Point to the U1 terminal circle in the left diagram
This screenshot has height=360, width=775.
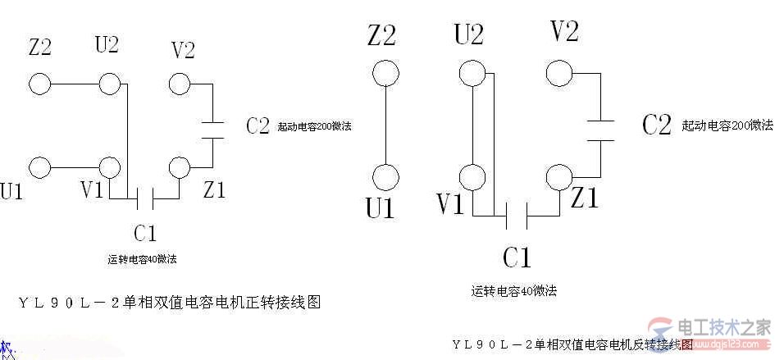click(39, 167)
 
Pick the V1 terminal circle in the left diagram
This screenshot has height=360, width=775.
click(109, 167)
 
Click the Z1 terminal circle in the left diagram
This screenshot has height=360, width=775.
click(180, 167)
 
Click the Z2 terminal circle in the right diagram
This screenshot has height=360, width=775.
click(385, 73)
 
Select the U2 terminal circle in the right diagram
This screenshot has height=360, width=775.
click(472, 73)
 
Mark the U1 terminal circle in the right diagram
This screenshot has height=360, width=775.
click(385, 176)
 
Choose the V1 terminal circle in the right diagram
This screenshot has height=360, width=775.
click(472, 176)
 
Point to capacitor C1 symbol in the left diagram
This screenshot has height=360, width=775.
click(144, 198)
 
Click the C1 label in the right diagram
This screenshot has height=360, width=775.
click(517, 258)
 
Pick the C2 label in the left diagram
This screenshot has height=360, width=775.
click(258, 126)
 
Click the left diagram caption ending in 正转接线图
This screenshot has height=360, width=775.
click(169, 303)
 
